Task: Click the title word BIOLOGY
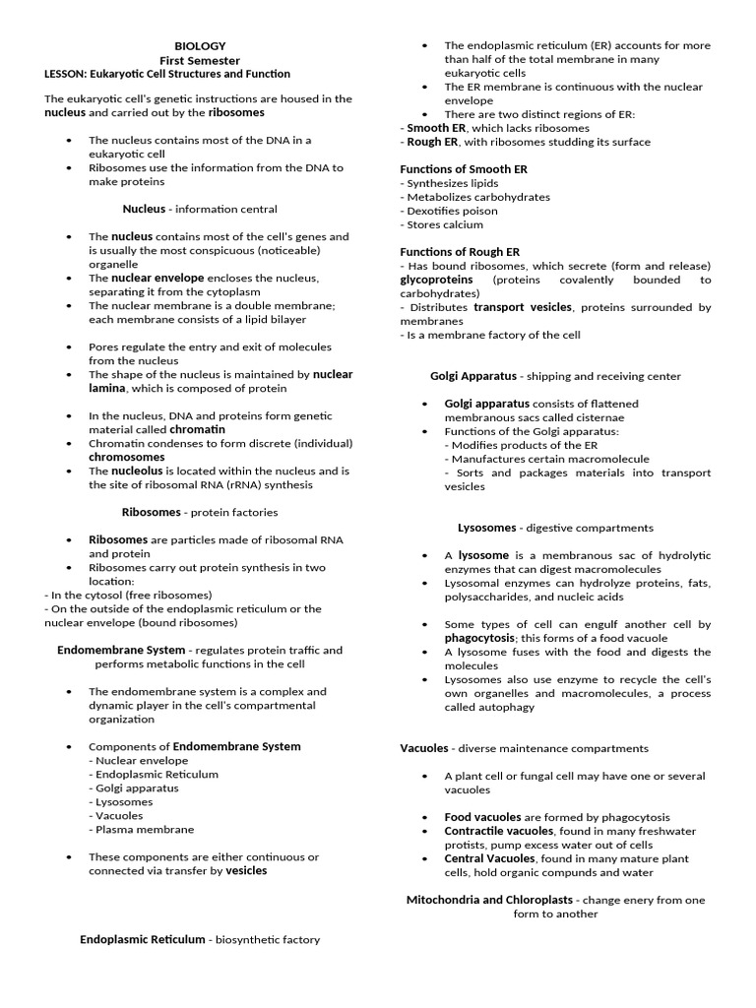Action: click(200, 46)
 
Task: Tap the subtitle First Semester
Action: click(200, 60)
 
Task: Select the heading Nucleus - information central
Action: click(200, 209)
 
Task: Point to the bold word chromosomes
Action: click(127, 457)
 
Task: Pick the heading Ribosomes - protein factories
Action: click(200, 512)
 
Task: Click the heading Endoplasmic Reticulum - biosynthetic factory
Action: click(200, 939)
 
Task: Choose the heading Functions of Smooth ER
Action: click(464, 169)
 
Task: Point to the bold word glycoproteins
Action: click(436, 280)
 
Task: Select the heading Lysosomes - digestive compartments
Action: click(555, 528)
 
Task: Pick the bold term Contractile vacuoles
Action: click(485, 831)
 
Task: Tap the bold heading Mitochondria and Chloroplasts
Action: click(489, 900)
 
